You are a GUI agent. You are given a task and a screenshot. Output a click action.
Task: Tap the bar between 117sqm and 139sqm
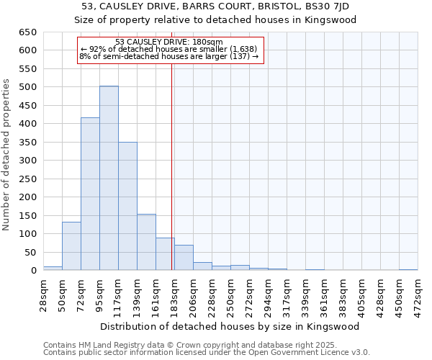[x=127, y=207]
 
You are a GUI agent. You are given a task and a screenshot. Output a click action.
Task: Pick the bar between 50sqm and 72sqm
[x=71, y=246]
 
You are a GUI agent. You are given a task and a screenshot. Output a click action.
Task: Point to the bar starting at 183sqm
[x=184, y=258]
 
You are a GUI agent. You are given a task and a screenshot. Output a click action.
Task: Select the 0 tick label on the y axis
[x=33, y=271]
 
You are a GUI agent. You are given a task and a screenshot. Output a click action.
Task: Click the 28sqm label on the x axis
[x=43, y=294]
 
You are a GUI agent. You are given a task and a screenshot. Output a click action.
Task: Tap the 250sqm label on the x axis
[x=230, y=294]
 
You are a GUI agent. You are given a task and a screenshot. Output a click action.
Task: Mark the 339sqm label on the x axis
[x=305, y=294]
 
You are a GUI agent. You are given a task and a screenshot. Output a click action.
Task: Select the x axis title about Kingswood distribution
[x=230, y=326]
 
